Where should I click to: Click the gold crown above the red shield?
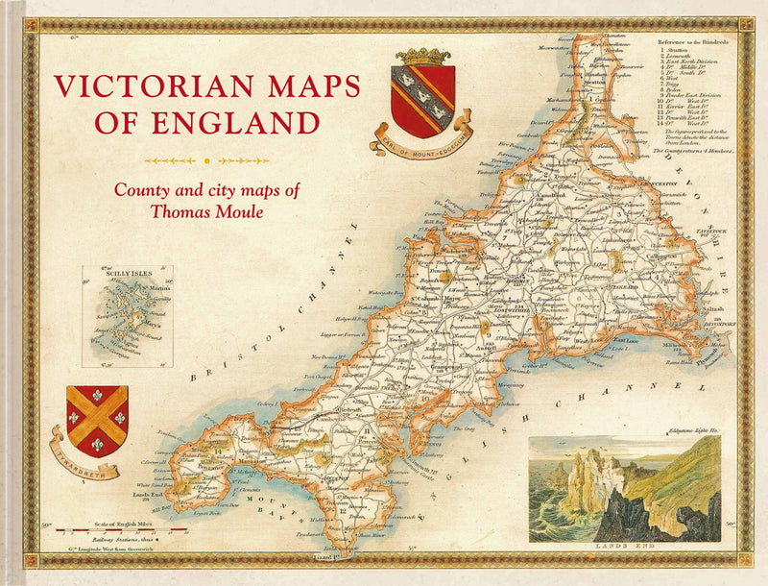[x=422, y=56]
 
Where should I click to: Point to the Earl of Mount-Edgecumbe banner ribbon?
[x=419, y=133]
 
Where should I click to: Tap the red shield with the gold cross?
[x=97, y=420]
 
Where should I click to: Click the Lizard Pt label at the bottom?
[x=331, y=557]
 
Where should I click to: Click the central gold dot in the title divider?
[x=207, y=160]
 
